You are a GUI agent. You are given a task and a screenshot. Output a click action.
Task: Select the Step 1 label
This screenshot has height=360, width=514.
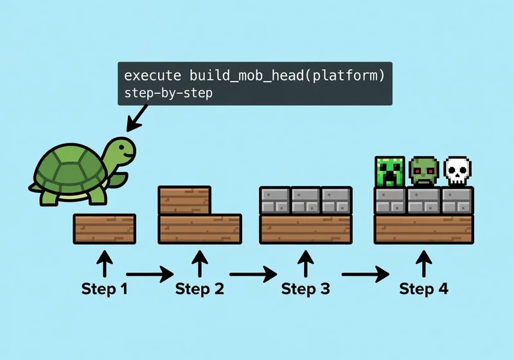(104, 289)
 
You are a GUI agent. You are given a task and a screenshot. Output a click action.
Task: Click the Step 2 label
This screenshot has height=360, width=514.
(200, 289)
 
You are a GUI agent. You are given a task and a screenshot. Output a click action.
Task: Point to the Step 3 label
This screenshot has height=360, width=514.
(306, 289)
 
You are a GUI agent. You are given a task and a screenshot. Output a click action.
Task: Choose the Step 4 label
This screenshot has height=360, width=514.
(423, 289)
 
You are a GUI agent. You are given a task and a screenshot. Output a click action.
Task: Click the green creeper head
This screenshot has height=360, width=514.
(390, 171)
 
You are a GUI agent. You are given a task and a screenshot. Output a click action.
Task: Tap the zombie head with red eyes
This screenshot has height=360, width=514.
(423, 171)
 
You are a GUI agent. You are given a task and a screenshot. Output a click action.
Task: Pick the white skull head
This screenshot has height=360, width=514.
(457, 171)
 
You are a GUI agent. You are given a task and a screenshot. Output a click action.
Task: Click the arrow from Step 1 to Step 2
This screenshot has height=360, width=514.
(150, 274)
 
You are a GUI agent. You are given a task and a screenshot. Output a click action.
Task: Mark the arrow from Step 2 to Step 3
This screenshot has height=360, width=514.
(256, 274)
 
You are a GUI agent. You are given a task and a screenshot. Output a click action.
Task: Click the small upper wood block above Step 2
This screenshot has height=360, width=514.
(184, 200)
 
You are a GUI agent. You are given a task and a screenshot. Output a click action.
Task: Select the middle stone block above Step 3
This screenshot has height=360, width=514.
(306, 200)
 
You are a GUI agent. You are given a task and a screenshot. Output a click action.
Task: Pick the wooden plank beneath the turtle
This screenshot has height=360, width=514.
(104, 228)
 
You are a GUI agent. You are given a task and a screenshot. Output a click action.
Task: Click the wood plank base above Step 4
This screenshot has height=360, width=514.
(423, 228)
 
